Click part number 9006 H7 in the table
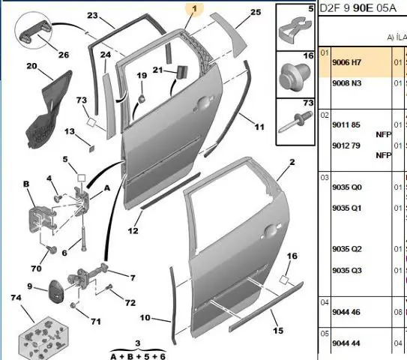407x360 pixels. point(346,62)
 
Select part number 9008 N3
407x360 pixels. point(346,83)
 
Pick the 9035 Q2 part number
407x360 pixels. point(347,249)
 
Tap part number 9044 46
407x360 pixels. point(346,312)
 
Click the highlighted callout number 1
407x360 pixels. point(194,9)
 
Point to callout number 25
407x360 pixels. point(256,12)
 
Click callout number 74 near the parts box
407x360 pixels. point(16,298)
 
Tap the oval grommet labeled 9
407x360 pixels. point(55,292)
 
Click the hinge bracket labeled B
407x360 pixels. point(41,220)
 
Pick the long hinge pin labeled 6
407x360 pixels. point(84,239)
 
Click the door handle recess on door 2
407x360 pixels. point(271,231)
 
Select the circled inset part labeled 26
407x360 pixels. point(34,33)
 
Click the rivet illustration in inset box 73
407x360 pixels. point(295,121)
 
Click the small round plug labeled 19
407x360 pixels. point(142,99)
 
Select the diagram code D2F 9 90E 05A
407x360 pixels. point(358,8)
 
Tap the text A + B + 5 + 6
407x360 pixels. point(138,356)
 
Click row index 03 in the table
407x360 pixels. point(325,178)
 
